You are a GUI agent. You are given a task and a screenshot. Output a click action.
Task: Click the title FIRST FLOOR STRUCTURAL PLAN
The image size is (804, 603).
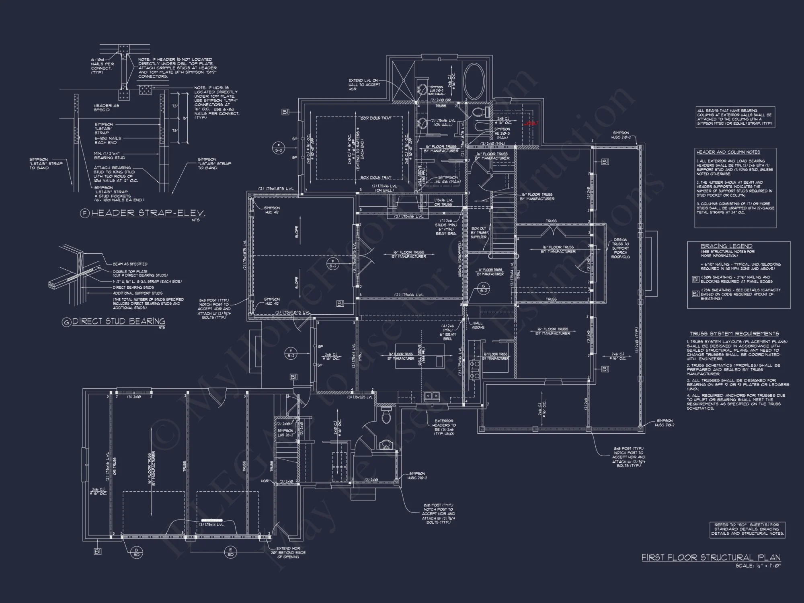[x=711, y=558]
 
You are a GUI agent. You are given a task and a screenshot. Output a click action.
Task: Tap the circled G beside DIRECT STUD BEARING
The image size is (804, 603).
[x=66, y=322]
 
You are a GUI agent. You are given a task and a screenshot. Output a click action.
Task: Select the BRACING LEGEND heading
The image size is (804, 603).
[x=726, y=246]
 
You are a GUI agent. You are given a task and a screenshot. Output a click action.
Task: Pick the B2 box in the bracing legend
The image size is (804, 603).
[x=695, y=294]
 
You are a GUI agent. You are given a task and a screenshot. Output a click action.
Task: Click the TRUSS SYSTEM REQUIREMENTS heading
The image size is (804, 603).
[x=734, y=334]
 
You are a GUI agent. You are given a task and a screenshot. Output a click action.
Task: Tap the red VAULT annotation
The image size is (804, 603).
[x=531, y=123]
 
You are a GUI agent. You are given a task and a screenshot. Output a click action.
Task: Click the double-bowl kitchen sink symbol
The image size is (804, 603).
[x=432, y=396]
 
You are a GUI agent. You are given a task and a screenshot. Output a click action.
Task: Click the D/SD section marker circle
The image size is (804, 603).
[x=136, y=552]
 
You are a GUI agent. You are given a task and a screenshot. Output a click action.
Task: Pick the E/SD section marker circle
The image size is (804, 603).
[x=230, y=552]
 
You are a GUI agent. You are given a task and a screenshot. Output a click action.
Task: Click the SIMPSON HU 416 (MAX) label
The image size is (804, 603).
[x=447, y=179]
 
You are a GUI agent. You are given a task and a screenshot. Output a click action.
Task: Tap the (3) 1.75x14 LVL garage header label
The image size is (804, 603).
[x=211, y=524]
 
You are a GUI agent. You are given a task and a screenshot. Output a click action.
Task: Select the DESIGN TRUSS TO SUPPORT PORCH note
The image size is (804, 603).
[x=620, y=248]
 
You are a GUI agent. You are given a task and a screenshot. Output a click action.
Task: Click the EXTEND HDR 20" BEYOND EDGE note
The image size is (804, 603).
[x=287, y=553]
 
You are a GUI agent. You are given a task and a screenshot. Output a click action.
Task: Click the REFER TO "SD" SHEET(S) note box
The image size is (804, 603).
[x=747, y=529]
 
